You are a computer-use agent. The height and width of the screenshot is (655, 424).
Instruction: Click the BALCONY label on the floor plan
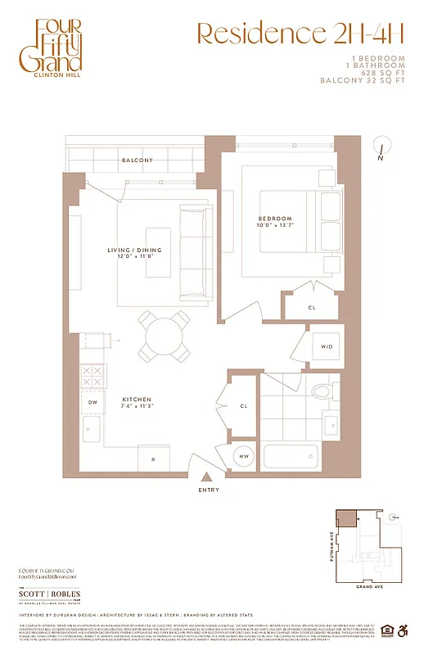point(137,160)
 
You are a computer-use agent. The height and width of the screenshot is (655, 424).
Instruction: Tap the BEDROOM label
point(276,219)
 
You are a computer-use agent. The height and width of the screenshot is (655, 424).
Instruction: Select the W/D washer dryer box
point(326,347)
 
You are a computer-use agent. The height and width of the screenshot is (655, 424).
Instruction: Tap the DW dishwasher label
point(92,402)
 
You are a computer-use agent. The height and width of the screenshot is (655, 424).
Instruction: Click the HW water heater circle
point(244,456)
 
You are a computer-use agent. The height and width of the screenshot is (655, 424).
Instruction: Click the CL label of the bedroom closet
point(312,308)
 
